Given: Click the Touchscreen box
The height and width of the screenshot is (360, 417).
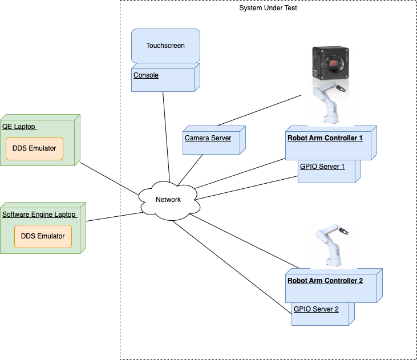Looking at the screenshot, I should click(x=165, y=46).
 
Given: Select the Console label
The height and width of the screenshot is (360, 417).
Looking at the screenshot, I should click(x=146, y=75).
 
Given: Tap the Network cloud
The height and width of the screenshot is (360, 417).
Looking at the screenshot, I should click(x=168, y=200).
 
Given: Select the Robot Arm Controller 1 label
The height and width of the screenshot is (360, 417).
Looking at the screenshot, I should click(x=325, y=138).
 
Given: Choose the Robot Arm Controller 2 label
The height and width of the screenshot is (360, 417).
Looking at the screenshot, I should click(x=325, y=281).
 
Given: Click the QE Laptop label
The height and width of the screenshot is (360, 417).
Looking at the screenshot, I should click(x=19, y=127).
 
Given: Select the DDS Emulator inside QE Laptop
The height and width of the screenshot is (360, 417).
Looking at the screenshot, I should click(x=34, y=148).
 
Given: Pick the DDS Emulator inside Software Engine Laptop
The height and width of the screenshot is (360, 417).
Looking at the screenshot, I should click(x=43, y=236).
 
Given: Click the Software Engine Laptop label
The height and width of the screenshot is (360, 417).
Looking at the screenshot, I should click(x=39, y=215).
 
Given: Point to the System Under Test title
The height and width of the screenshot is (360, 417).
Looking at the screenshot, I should click(x=268, y=9).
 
